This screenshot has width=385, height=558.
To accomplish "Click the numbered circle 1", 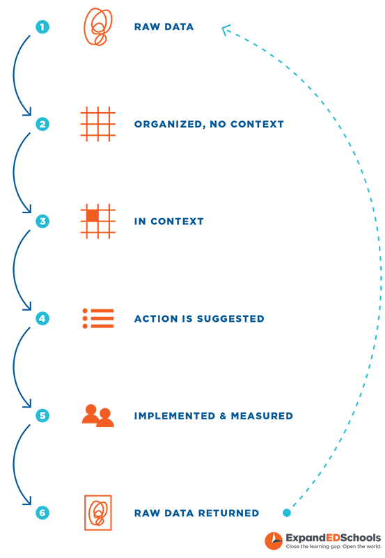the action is [x=42, y=27].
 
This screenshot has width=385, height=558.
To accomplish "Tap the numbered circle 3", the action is [x=42, y=222].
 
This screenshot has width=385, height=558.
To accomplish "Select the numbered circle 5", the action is [x=42, y=416].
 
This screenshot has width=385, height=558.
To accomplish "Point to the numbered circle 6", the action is [x=42, y=513].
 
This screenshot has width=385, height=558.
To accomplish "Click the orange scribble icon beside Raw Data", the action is [x=97, y=27].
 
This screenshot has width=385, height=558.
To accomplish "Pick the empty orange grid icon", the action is [x=98, y=124].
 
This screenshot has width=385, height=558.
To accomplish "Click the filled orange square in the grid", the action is [x=93, y=216].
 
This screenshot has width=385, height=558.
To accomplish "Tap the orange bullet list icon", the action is [x=98, y=318].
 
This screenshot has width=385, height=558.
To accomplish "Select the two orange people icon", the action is [x=98, y=416].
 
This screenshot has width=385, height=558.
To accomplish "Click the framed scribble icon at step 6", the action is [x=98, y=513].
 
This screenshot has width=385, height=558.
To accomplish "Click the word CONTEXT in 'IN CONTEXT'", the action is [x=177, y=222].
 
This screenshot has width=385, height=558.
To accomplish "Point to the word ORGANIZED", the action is [x=168, y=124].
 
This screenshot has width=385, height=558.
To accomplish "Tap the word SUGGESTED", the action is [x=230, y=318].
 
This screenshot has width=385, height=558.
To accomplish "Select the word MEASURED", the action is [x=262, y=416].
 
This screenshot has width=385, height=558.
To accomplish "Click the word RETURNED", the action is [x=228, y=513].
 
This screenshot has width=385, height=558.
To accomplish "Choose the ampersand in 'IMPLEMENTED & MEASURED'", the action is [x=223, y=416].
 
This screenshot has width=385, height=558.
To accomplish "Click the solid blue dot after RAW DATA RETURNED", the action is [x=287, y=513].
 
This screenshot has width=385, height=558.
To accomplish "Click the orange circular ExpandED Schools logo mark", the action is [x=274, y=541].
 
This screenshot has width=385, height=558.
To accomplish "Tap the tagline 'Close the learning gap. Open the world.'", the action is [x=333, y=547].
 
